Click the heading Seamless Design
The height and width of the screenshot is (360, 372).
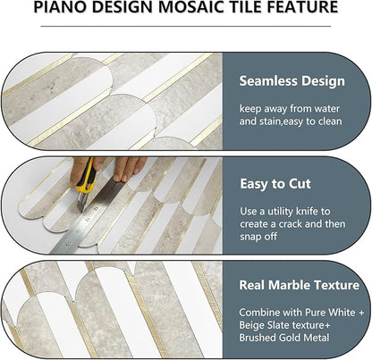click(x=292, y=81)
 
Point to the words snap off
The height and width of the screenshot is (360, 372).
click(x=261, y=240)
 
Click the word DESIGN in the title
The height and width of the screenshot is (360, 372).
click(x=137, y=8)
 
